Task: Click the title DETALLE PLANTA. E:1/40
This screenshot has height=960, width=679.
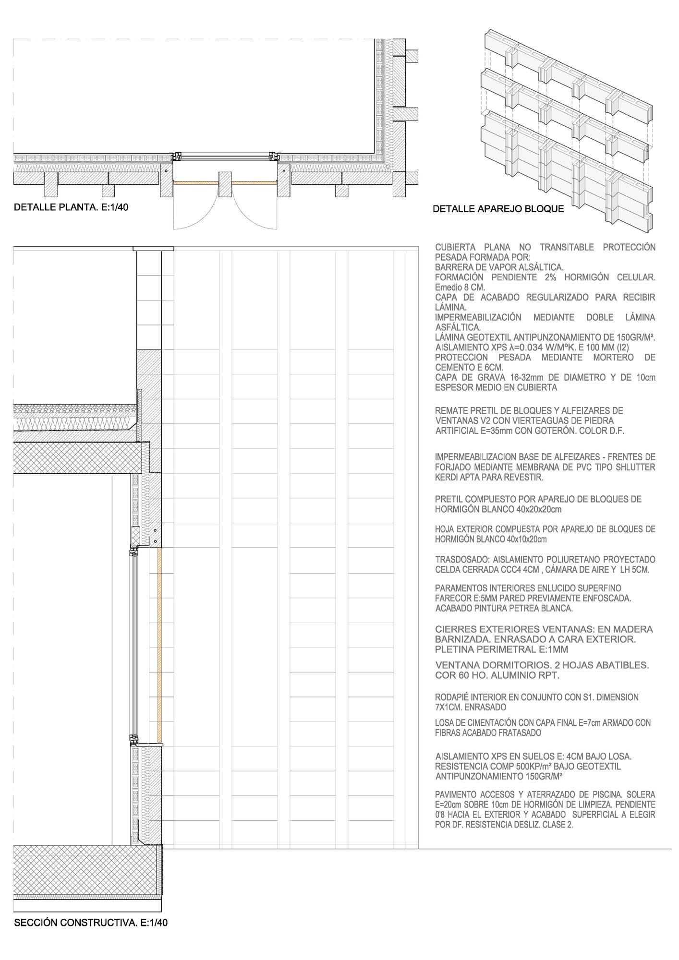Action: pyautogui.click(x=71, y=207)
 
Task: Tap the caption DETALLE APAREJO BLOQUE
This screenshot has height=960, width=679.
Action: pyautogui.click(x=498, y=209)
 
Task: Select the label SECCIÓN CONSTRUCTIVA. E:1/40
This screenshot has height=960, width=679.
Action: pyautogui.click(x=91, y=923)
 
